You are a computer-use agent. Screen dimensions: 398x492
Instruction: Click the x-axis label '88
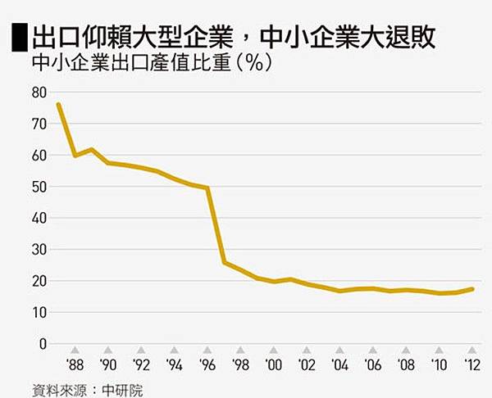pyautogui.click(x=75, y=364)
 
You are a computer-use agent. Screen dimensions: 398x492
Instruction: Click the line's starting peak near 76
pyautogui.click(x=58, y=105)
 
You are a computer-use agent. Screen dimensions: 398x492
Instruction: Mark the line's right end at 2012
pyautogui.click(x=473, y=289)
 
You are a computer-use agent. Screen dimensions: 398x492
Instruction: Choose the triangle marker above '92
pyautogui.click(x=142, y=350)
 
